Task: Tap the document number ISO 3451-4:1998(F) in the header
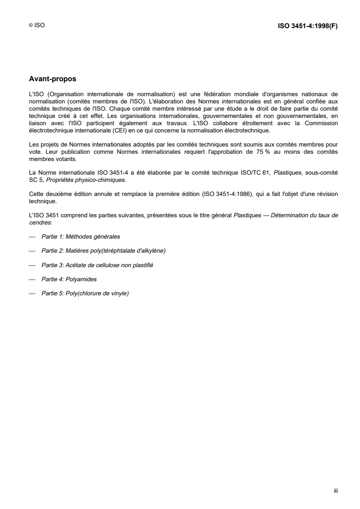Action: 307,26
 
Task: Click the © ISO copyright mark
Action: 36,26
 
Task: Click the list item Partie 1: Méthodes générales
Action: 81,237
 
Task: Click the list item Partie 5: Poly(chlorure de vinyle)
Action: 85,294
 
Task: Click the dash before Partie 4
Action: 32,279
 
